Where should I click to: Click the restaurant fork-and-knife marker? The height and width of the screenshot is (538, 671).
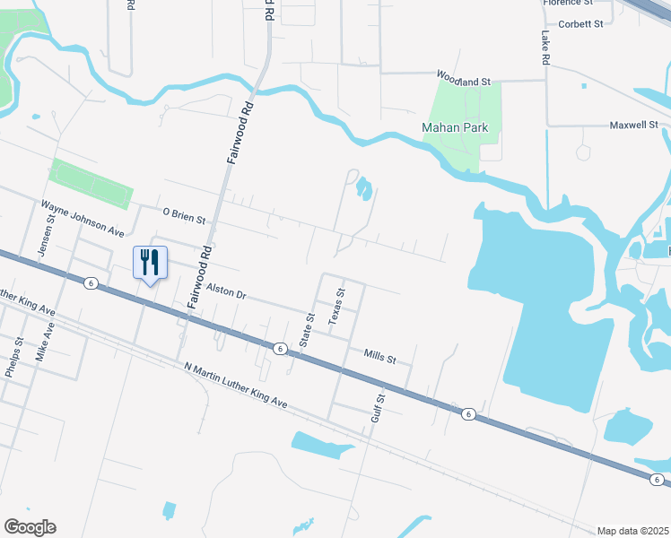click(150, 263)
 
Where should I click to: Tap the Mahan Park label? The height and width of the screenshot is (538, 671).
click(455, 128)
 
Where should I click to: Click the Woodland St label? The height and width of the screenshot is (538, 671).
click(464, 81)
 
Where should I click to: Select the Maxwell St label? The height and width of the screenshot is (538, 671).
click(634, 126)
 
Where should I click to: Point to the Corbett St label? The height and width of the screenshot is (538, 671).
click(580, 24)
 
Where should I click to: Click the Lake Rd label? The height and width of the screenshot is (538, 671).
click(545, 48)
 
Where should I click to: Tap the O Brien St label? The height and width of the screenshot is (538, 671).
click(184, 215)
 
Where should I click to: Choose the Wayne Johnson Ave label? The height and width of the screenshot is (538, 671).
click(83, 218)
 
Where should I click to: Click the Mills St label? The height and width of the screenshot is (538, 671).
click(379, 358)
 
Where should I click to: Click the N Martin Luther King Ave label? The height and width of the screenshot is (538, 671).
click(235, 386)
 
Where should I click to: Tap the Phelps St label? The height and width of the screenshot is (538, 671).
click(13, 357)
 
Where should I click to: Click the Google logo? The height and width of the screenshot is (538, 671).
click(30, 527)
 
